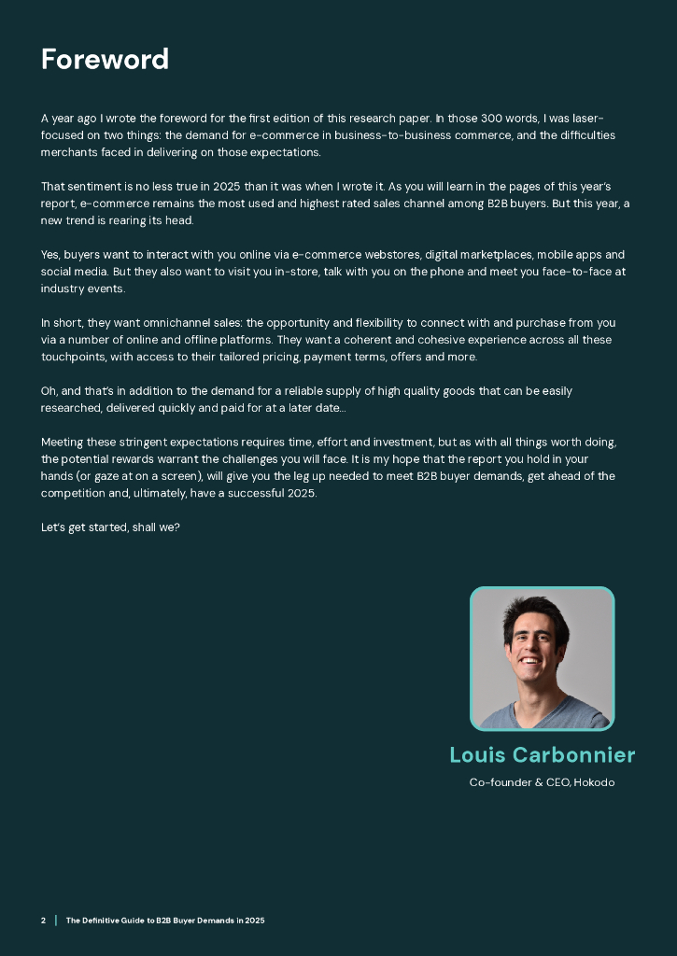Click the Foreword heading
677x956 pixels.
point(105,60)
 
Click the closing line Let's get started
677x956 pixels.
point(110,527)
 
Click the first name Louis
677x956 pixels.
point(480,754)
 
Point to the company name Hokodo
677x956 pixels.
point(594,782)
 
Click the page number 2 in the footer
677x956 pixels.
point(43,921)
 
